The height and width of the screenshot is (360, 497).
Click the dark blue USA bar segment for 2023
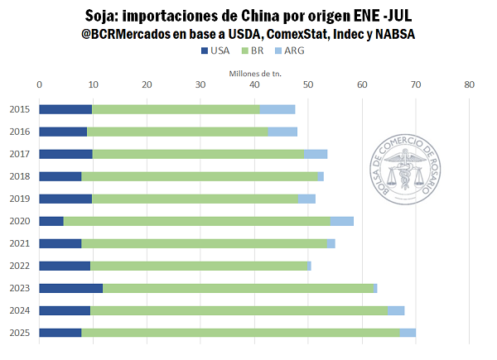tap(71, 288)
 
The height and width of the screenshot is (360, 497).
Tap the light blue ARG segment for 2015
tap(277, 109)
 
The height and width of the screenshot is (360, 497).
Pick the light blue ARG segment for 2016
tap(282, 132)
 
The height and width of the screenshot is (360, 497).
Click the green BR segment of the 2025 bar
tap(240, 333)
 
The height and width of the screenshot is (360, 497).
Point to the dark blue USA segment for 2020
tap(51, 221)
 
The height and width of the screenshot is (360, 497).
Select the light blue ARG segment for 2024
tap(396, 310)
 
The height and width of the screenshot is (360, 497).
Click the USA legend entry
tap(215, 51)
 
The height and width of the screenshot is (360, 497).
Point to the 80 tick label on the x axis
tap(470, 84)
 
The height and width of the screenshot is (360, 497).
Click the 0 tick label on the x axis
tap(40, 84)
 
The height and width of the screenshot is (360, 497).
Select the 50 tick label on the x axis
tap(308, 84)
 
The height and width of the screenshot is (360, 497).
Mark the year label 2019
tap(19, 199)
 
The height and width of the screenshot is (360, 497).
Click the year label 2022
tap(19, 266)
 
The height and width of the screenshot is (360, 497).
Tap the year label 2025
tap(19, 333)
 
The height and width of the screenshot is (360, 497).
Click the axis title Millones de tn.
tap(255, 73)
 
